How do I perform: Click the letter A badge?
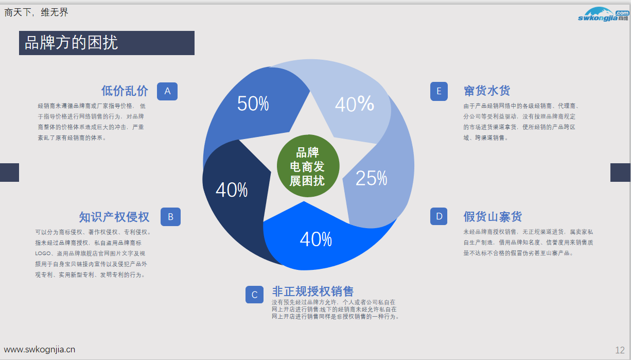167,91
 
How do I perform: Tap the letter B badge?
170,217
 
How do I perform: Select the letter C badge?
254,295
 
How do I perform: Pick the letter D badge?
439,216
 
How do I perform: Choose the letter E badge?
439,91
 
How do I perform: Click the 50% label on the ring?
253,104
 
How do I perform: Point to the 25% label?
371,178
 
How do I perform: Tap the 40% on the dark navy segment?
232,190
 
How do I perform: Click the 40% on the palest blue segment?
354,105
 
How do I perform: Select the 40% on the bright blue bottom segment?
315,239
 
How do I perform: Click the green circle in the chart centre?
308,166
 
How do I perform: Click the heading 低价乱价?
125,91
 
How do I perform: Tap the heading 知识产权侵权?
114,217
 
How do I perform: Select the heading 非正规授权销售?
312,291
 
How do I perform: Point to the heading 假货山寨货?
493,216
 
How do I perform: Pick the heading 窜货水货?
486,91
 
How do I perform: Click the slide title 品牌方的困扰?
72,43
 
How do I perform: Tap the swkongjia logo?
603,14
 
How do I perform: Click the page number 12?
620,350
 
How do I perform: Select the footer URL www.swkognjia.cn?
40,349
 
